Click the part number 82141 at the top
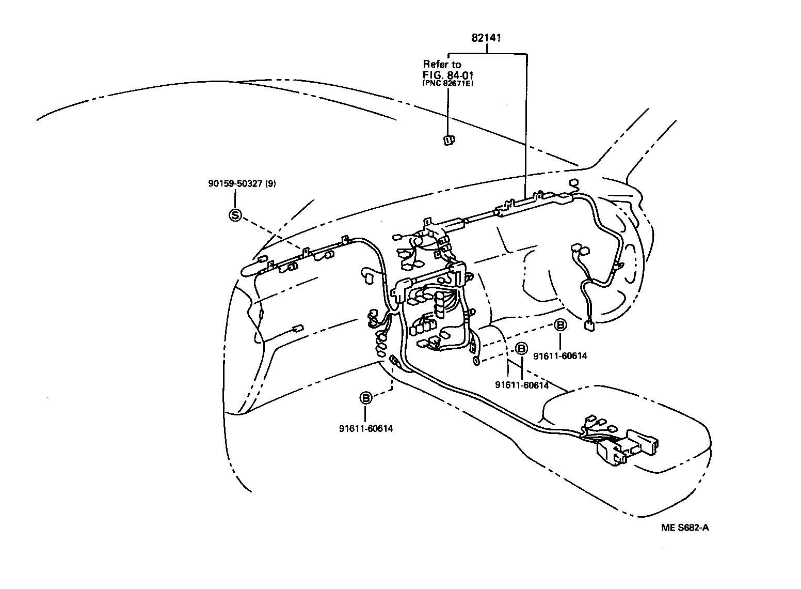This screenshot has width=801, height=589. tap(487, 38)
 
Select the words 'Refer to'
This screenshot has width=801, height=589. tap(442, 65)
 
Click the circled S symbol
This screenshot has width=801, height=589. tap(235, 215)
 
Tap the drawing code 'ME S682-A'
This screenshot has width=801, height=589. tap(685, 528)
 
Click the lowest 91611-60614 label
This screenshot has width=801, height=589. tap(365, 428)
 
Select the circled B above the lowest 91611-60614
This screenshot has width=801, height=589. tap(365, 398)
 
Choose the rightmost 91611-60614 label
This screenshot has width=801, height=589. tap(560, 356)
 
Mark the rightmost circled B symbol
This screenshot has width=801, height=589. tap(560, 325)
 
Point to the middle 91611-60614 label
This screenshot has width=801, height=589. tap(521, 385)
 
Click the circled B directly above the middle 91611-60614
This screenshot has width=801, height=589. tap(521, 349)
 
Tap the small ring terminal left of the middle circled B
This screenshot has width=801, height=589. tap(476, 361)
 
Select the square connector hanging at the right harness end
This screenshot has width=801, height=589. tap(589, 326)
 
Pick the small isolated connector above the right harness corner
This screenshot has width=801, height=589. tap(573, 183)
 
